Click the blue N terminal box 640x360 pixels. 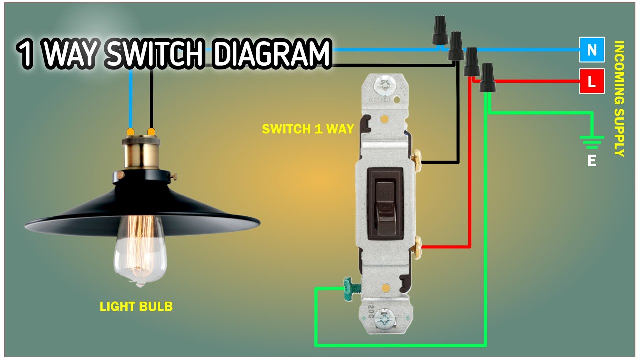coord(592,50)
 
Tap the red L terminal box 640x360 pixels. coord(592,81)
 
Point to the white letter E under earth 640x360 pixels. coord(592,161)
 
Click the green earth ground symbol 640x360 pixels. coord(592,142)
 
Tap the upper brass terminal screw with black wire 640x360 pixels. coord(418,159)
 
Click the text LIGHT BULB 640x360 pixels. coord(136,306)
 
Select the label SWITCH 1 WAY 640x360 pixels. coord(308,129)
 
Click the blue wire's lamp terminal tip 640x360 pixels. coord(131,132)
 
